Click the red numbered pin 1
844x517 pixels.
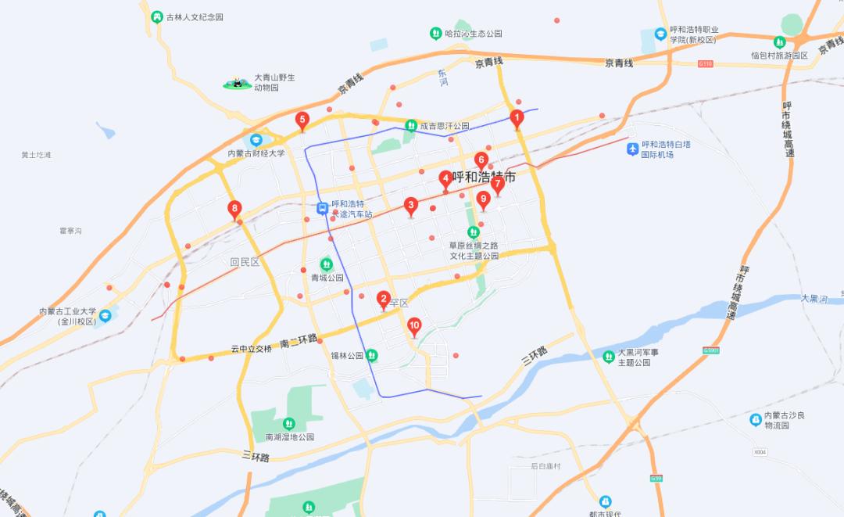coord(516,118)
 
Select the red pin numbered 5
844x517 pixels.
coord(302,120)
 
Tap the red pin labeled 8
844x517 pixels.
coord(234,209)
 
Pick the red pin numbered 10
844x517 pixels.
coord(414,326)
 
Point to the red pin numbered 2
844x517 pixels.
coord(383,299)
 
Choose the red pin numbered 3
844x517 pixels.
coord(411,206)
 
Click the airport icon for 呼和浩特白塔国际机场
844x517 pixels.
coord(632,149)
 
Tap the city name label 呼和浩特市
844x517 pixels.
coord(484,178)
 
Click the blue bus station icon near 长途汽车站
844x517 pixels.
coord(322,208)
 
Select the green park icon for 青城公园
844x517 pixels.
coord(327,264)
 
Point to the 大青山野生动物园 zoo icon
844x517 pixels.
coord(237,82)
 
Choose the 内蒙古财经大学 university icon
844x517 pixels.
coord(255,139)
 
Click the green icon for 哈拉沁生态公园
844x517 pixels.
coord(435,34)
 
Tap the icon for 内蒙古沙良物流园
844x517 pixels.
coord(755,420)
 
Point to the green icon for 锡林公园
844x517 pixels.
coord(373,356)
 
